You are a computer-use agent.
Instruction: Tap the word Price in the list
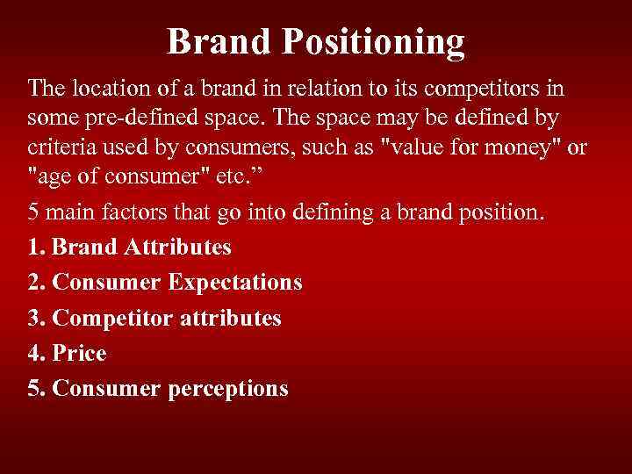[79, 353]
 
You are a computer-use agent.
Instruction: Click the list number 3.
[34, 318]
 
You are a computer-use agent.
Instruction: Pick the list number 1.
[34, 247]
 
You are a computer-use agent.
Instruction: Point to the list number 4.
[34, 353]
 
